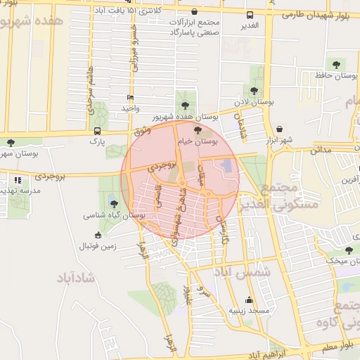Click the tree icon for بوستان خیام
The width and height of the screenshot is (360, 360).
pyautogui.click(x=198, y=129)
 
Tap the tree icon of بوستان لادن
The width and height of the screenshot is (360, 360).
pyautogui.click(x=253, y=90)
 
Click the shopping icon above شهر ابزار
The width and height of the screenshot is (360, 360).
pyautogui.click(x=281, y=129)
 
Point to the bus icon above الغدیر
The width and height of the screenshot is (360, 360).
pyautogui.click(x=249, y=15)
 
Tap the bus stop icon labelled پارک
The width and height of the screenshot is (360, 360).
pyautogui.click(x=96, y=131)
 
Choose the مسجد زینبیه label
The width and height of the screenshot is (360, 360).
pyautogui.click(x=245, y=310)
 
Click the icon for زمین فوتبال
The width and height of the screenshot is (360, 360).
pyautogui.click(x=97, y=235)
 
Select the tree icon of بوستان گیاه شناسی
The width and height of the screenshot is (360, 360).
pyautogui.click(x=114, y=204)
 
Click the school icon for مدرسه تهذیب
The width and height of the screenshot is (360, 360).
pyautogui.click(x=17, y=181)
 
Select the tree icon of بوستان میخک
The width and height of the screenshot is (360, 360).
pyautogui.click(x=349, y=250)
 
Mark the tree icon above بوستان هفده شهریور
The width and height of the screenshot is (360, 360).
pyautogui.click(x=185, y=105)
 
